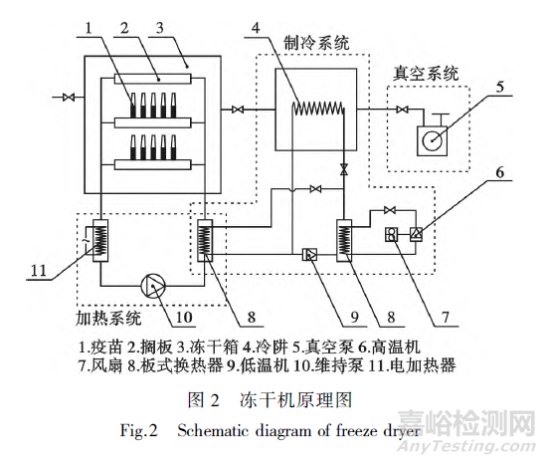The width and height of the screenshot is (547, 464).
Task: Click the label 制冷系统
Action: (x=316, y=43)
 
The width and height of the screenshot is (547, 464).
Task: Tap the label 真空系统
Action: (x=426, y=74)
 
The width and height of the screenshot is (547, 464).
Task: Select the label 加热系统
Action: (x=108, y=318)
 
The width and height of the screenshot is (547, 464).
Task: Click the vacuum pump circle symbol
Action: (x=433, y=141)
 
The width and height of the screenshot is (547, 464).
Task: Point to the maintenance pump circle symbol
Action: (x=153, y=286)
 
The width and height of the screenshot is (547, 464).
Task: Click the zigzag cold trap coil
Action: (x=318, y=109)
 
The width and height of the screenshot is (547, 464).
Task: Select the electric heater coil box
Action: (x=100, y=241)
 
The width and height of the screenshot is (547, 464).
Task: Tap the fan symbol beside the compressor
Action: (x=392, y=234)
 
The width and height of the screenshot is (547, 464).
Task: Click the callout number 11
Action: (x=39, y=270)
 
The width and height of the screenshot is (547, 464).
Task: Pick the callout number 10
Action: (x=184, y=317)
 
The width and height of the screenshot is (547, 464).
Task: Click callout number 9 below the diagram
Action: (x=354, y=317)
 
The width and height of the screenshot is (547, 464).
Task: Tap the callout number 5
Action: (x=500, y=87)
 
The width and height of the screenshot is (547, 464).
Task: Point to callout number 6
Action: (x=500, y=172)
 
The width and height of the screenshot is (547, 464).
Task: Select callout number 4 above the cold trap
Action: (x=256, y=28)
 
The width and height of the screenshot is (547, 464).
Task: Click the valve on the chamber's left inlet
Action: (x=69, y=97)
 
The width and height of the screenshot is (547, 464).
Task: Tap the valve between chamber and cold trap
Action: (x=238, y=110)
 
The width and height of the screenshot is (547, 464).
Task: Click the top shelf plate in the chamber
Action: (x=153, y=80)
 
